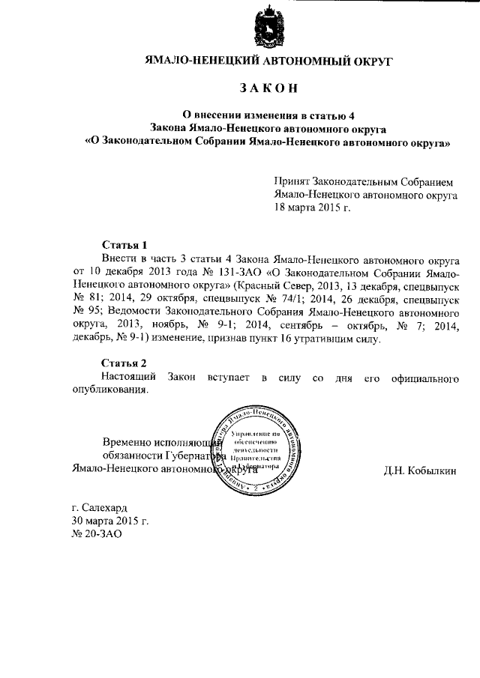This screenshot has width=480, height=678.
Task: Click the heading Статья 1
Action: click(124, 245)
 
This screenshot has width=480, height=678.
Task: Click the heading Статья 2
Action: click(124, 363)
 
